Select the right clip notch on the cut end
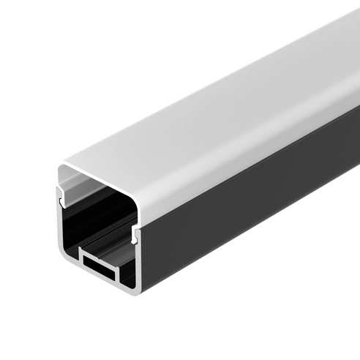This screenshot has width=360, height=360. tap(136, 234)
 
